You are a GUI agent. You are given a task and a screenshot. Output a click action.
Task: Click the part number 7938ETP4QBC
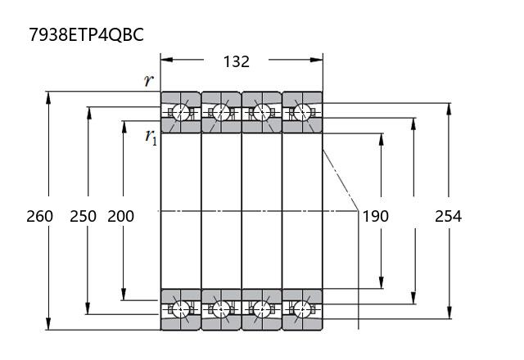click(87, 34)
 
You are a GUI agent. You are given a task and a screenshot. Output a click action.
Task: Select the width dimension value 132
click(237, 62)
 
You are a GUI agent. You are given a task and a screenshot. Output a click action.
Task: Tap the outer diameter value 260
click(40, 216)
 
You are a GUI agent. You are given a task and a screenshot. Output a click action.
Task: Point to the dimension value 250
click(84, 216)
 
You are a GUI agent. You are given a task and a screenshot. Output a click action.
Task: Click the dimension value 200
click(121, 216)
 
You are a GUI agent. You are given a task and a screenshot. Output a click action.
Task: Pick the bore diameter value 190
click(376, 216)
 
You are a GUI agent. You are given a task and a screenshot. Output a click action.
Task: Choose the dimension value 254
click(448, 216)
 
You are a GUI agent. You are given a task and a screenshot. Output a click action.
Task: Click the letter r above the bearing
click(149, 80)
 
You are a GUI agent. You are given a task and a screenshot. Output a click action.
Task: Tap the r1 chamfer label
click(151, 137)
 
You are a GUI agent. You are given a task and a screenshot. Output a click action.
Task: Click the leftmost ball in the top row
click(180, 111)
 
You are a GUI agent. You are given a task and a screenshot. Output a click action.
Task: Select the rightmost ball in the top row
click(302, 111)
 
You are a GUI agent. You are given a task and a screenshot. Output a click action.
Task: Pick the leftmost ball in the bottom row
click(180, 309)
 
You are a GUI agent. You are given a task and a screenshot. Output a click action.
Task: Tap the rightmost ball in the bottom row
click(302, 309)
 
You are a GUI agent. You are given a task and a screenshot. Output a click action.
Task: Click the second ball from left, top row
click(221, 111)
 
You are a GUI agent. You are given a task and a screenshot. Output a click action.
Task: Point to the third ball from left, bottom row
click(262, 309)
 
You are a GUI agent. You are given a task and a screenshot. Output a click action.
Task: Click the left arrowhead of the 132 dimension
click(167, 60)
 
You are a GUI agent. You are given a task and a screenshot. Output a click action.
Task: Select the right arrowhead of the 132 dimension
click(317, 60)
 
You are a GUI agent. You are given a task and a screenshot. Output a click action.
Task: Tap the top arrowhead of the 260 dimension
click(49, 98)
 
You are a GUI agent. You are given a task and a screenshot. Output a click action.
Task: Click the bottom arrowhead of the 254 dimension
click(449, 313)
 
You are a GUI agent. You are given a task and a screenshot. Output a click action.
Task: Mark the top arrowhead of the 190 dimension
click(382, 140)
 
